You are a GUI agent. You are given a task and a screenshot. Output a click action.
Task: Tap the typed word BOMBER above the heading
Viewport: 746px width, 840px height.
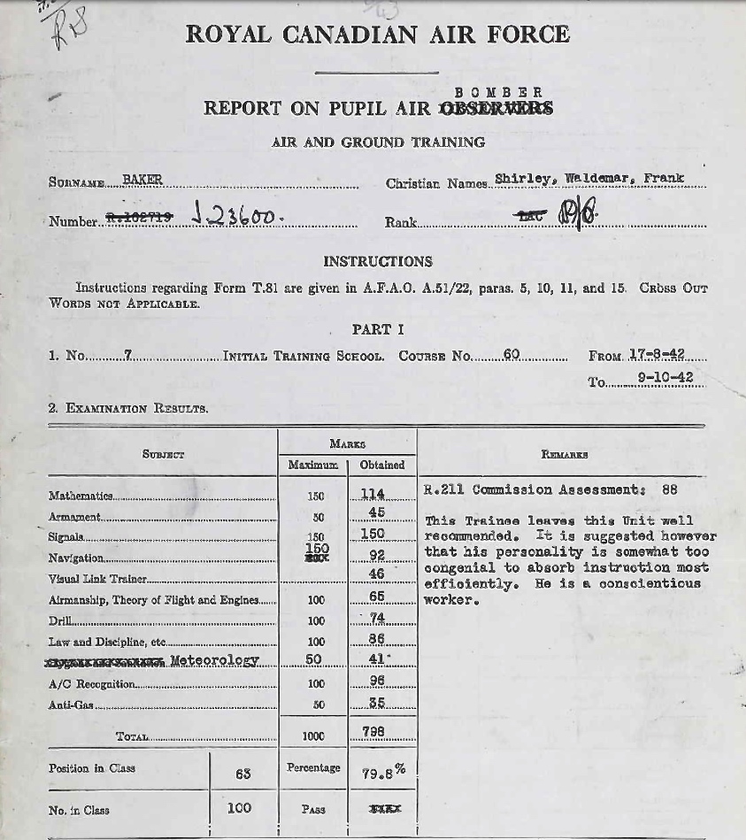[498, 92]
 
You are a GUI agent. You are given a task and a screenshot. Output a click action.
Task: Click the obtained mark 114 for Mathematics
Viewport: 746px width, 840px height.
[373, 494]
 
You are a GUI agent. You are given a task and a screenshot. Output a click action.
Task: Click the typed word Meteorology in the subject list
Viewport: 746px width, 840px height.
[214, 660]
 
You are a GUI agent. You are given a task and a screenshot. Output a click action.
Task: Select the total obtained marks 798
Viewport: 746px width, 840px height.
[374, 732]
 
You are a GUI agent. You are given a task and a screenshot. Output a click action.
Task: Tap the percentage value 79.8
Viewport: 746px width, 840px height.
[378, 773]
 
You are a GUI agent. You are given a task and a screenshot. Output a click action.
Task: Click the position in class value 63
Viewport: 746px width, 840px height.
[243, 774]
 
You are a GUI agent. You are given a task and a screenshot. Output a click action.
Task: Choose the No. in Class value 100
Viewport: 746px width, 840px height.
[239, 807]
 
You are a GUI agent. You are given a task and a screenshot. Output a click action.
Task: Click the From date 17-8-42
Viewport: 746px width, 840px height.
[657, 355]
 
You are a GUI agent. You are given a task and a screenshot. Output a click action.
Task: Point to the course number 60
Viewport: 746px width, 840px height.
[511, 355]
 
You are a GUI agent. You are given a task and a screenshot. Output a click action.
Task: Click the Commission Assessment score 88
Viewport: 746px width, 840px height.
[669, 489]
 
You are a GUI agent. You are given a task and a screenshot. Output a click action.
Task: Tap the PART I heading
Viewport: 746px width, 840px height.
[378, 329]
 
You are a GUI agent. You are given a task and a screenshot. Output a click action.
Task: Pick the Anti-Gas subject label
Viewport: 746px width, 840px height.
[70, 705]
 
